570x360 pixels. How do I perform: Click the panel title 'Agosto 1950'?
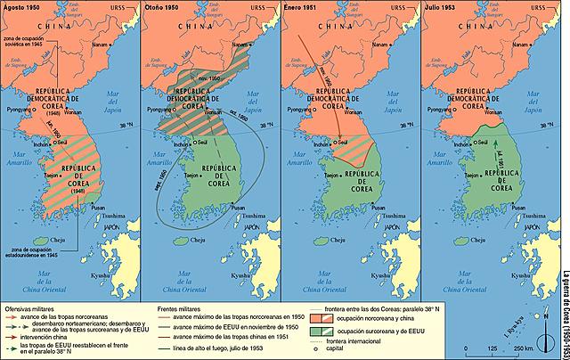[22, 7]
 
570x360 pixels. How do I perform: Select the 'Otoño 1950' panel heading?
[162, 7]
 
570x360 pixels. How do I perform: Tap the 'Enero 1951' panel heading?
[302, 7]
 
